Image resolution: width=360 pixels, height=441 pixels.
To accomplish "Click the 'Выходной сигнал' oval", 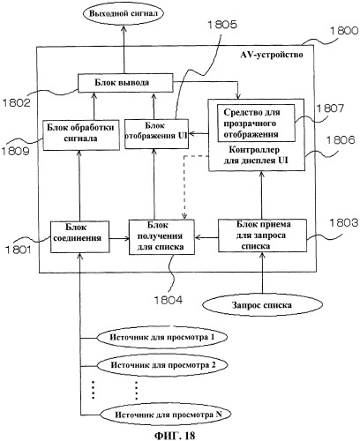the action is pyautogui.click(x=124, y=14).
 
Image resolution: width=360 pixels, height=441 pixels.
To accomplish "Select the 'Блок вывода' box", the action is pyautogui.click(x=125, y=83).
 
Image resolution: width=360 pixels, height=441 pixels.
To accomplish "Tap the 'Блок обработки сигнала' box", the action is pyautogui.click(x=81, y=135).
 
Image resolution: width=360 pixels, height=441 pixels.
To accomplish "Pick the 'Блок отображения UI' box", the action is pyautogui.click(x=156, y=133).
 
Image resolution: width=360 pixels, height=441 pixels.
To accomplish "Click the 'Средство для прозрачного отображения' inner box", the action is pyautogui.click(x=256, y=123).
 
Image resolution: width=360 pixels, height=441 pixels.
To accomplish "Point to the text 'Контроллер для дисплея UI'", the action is pyautogui.click(x=256, y=155).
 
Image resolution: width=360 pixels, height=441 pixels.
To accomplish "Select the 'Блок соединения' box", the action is pyautogui.click(x=79, y=237).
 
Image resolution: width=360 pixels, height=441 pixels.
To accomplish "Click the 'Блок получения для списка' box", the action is pyautogui.click(x=161, y=236).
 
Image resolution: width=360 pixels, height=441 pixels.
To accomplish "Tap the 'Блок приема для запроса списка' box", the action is pyautogui.click(x=262, y=235).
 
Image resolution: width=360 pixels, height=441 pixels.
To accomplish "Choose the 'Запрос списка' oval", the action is pyautogui.click(x=262, y=305).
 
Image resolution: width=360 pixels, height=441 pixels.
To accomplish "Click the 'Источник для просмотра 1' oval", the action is pyautogui.click(x=162, y=337).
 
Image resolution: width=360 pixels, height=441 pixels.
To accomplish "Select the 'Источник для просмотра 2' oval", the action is pyautogui.click(x=162, y=365).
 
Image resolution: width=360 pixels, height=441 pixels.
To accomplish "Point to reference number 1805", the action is pyautogui.click(x=222, y=25).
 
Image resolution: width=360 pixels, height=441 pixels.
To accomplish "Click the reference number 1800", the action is pyautogui.click(x=344, y=31).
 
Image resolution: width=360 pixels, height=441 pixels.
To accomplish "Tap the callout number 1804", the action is pyautogui.click(x=169, y=300).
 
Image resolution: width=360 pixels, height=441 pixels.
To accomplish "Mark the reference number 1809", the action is pyautogui.click(x=15, y=151).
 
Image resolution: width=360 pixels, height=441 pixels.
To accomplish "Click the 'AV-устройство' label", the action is pyautogui.click(x=272, y=55).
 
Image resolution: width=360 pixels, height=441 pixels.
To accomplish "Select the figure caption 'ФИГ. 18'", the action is pyautogui.click(x=175, y=436).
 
